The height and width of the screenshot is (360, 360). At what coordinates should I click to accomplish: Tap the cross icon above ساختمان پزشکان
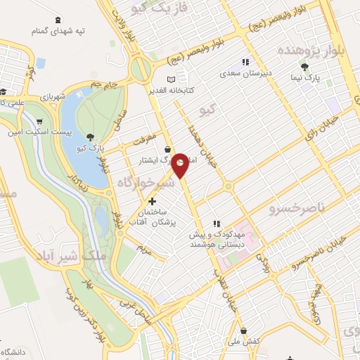pos(152,200)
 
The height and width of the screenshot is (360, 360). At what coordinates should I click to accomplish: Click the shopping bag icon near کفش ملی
pos(243,329)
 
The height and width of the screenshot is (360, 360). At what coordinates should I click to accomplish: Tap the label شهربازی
pos(52,96)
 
